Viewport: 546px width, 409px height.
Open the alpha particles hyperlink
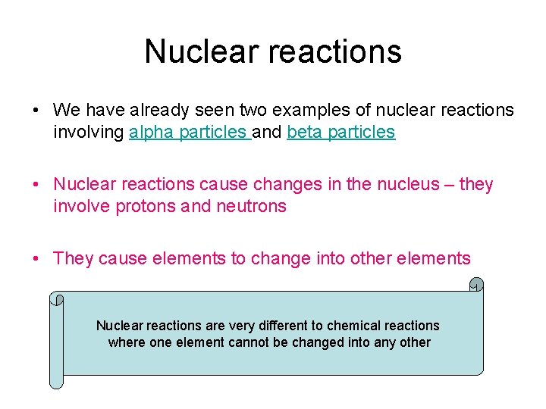click(x=190, y=132)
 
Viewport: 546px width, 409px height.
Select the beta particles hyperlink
click(x=340, y=132)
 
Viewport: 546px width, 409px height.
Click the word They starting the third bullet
click(x=74, y=258)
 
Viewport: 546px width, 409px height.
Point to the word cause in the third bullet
click(x=123, y=258)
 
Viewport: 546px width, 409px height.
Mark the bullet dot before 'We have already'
click(x=37, y=111)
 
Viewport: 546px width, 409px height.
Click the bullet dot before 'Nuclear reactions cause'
click(x=37, y=185)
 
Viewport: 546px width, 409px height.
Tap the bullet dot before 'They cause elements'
click(x=37, y=259)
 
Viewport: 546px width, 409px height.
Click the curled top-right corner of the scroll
click(x=475, y=285)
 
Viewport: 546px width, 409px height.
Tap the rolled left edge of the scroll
click(x=56, y=341)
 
